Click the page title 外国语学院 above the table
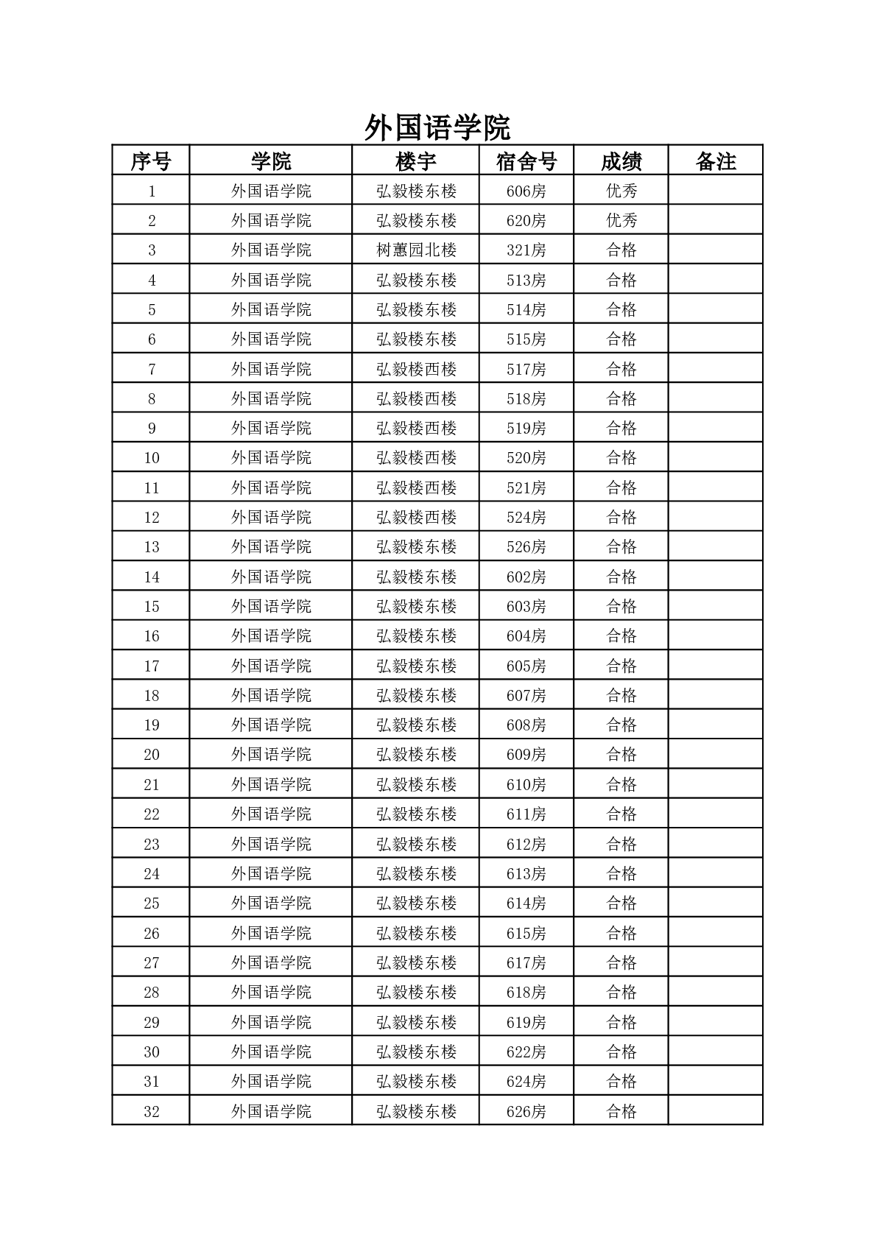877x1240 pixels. (437, 128)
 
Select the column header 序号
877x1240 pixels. (151, 161)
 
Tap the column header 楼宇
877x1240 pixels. (416, 161)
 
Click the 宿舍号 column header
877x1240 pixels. (526, 161)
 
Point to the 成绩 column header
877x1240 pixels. (621, 161)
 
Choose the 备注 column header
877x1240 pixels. (716, 161)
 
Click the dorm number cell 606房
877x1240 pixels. (526, 191)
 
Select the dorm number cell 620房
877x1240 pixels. (526, 221)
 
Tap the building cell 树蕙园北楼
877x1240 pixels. (416, 250)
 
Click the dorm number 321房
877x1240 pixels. (526, 250)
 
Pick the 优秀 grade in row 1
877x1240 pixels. (621, 191)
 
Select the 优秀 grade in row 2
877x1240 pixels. (621, 221)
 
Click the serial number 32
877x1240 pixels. (151, 1111)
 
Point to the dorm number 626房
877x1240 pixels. (526, 1111)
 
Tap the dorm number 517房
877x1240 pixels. (526, 369)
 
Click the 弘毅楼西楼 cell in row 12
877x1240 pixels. (416, 518)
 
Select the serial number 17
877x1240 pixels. (151, 666)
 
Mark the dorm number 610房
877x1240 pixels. (526, 784)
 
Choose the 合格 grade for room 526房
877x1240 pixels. (621, 547)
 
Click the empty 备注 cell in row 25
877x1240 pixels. (716, 903)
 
